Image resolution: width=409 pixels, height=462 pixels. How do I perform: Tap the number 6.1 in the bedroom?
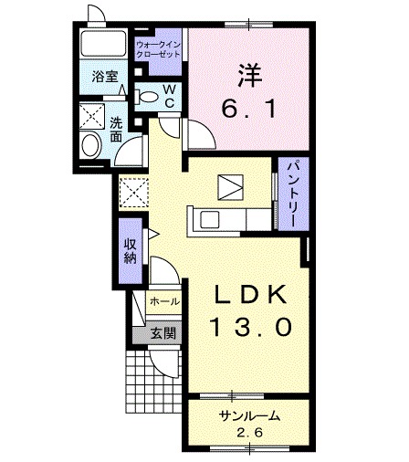246,107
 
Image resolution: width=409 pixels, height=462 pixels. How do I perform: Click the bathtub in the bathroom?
104,45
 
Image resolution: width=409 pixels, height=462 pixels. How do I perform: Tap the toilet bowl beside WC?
146,95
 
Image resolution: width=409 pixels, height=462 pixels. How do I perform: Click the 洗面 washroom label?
116,131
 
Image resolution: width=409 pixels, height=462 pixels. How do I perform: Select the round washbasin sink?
91,144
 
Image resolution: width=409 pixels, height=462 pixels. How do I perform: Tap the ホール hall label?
164,300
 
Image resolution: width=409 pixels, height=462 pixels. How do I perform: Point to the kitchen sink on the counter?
207,220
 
